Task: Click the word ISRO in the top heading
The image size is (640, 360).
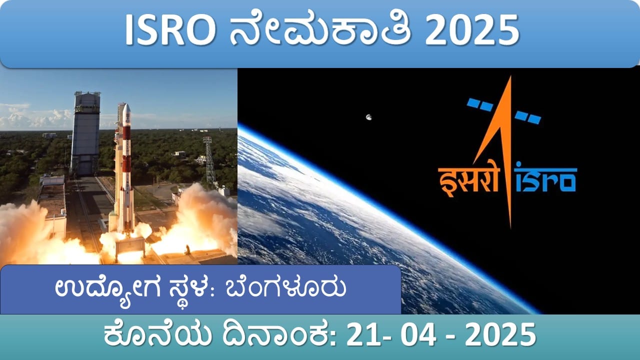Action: click(x=169, y=30)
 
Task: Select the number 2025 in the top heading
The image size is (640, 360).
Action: click(x=471, y=30)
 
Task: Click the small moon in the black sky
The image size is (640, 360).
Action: click(x=369, y=117)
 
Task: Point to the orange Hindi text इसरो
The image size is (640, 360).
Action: click(x=468, y=180)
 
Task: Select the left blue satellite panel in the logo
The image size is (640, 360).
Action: click(x=480, y=105)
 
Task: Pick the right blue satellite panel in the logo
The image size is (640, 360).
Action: click(x=528, y=117)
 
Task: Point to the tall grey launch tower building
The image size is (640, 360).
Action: click(x=85, y=133)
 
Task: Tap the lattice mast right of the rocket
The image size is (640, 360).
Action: click(x=210, y=161)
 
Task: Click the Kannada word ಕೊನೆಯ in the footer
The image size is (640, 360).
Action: click(x=157, y=334)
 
